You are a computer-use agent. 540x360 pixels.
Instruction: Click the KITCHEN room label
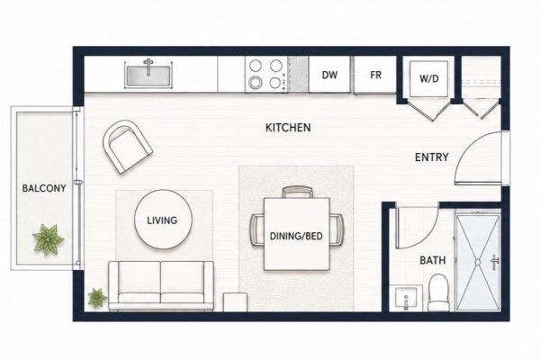coord(288,128)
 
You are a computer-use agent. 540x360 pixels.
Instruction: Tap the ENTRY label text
coord(431,157)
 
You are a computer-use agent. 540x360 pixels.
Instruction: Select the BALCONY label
coord(44,188)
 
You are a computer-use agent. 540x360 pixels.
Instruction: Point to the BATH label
coord(433,260)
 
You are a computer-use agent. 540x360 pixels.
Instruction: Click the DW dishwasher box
coord(329,75)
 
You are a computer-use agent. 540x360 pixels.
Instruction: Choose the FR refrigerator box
coord(375,75)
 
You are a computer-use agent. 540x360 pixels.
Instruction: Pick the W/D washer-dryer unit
coord(428,79)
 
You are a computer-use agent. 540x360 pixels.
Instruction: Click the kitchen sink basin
coord(148,76)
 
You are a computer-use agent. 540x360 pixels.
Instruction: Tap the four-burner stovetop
coord(266,75)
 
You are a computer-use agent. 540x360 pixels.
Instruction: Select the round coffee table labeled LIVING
coord(163,220)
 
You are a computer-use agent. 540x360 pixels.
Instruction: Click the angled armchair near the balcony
coord(128,147)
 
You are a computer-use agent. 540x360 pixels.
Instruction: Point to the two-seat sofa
coord(161,285)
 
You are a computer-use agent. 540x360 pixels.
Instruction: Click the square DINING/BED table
coord(296,234)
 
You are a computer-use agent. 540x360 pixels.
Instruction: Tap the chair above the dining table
coord(298,192)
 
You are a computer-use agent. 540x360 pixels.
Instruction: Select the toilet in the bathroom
coord(438,292)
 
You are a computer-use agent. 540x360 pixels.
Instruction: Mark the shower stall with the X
coord(478,263)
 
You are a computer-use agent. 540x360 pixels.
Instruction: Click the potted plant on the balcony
coord(49,238)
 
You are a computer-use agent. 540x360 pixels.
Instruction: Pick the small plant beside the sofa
coord(97,298)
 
